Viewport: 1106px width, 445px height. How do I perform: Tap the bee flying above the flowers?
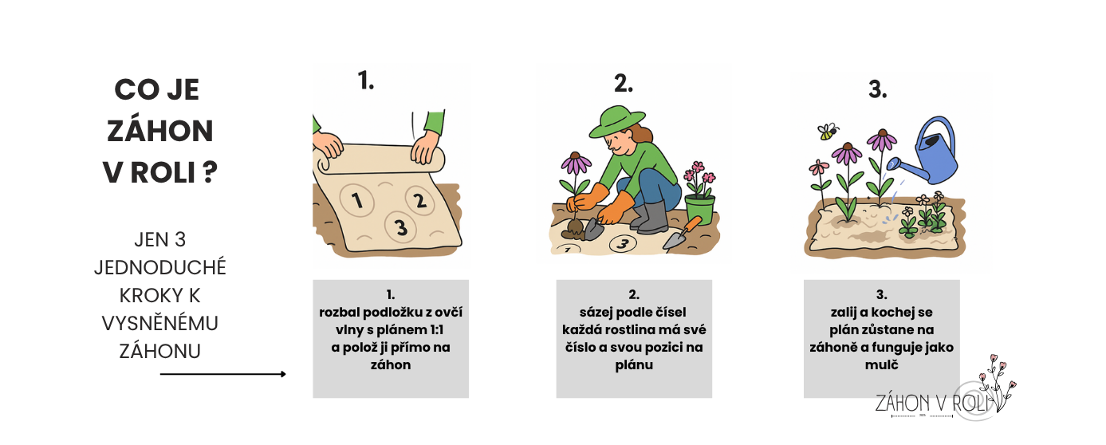828,132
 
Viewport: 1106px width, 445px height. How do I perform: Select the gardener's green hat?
616,121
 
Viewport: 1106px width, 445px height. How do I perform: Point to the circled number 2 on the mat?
419,200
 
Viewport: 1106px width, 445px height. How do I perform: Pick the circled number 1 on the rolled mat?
357,200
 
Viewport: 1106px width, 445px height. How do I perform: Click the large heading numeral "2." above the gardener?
623,83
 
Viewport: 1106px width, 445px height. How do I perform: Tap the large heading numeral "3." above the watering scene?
877,90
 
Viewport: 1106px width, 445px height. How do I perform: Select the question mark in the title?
210,172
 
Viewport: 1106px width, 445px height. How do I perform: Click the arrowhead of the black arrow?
283,374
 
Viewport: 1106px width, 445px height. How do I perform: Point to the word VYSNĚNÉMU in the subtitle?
160,324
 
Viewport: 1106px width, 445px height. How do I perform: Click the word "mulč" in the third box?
881,365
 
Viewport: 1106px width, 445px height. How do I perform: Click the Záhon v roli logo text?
933,404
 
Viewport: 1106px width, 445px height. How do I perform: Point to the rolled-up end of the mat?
380,159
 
